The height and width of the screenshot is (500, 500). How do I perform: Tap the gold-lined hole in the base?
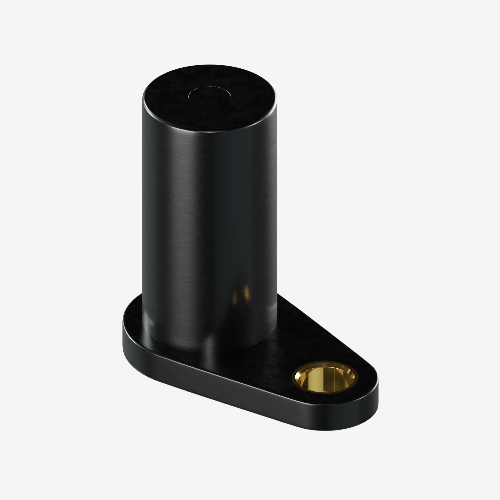pyautogui.click(x=325, y=380)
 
